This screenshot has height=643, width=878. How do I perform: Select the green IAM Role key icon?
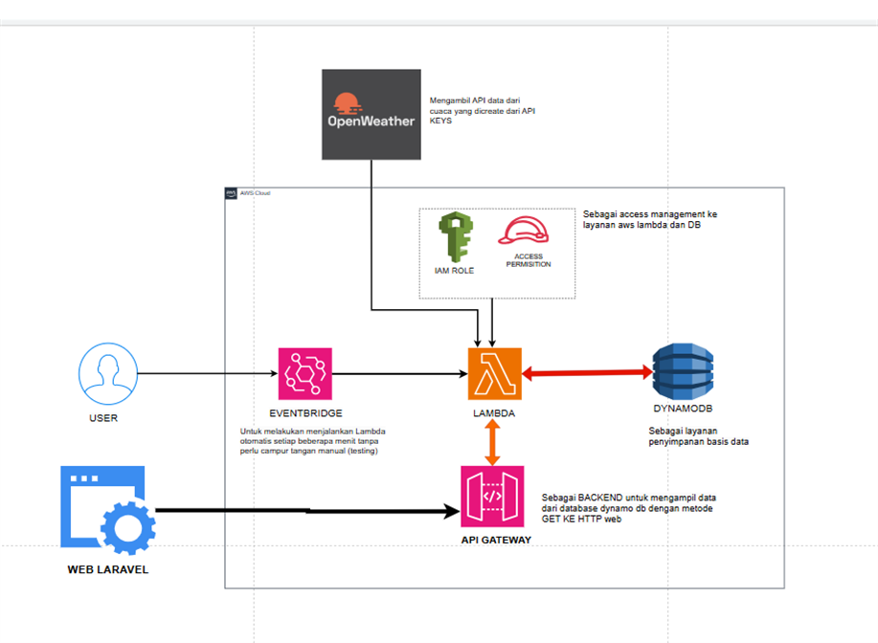point(454,237)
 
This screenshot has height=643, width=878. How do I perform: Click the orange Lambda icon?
point(494,373)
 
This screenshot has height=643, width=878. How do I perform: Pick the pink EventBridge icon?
point(304,373)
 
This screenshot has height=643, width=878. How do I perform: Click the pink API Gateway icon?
point(492,495)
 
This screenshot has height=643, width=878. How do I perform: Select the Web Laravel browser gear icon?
point(102,511)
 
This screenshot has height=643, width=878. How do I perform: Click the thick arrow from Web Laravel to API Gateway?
point(306,512)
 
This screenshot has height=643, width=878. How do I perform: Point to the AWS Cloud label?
point(256,193)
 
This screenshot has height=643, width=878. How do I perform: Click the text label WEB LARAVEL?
point(108,570)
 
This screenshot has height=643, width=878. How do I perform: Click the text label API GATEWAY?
point(494,541)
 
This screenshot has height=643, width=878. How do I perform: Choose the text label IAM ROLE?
point(454,271)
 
